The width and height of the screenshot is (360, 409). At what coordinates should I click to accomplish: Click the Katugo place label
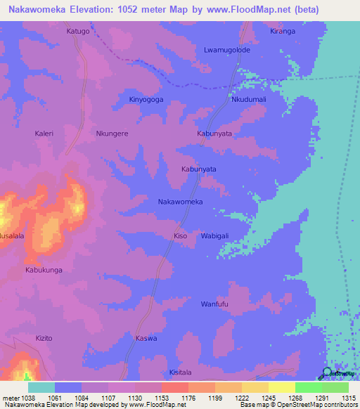(x=77, y=32)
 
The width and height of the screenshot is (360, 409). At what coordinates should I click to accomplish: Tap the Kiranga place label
(x=283, y=32)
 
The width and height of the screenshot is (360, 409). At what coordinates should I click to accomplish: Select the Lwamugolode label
(x=226, y=50)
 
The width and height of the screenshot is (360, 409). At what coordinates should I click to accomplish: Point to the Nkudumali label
(x=249, y=100)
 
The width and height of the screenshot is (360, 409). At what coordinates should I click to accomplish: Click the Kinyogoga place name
(x=146, y=100)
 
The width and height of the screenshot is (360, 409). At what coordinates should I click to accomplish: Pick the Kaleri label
(x=44, y=132)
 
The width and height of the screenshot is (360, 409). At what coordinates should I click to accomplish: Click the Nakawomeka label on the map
(x=180, y=202)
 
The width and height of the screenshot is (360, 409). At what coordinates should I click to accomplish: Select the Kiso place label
(x=180, y=236)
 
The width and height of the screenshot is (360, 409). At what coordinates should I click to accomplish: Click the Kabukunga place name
(x=44, y=270)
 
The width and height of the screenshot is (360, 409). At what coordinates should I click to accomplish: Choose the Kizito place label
(x=44, y=338)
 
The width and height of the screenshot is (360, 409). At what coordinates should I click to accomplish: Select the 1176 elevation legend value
(x=188, y=398)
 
